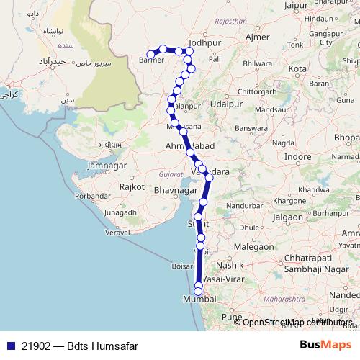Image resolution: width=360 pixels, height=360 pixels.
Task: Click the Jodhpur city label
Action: [203, 42]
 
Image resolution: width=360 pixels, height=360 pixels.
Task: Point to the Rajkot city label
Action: [133, 186]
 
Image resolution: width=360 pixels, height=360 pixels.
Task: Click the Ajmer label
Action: [257, 36]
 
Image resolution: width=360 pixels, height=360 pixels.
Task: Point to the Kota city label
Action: [297, 68]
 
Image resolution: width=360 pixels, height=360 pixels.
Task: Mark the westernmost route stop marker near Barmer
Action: [151, 54]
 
